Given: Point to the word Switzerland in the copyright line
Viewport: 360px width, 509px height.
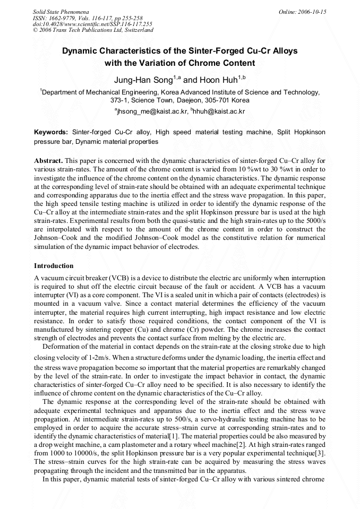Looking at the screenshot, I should pyautogui.click(x=136, y=30).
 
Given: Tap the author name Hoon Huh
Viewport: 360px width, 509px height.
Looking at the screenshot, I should pyautogui.click(x=218, y=80).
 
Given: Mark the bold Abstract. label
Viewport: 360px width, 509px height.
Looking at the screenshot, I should pyautogui.click(x=49, y=160).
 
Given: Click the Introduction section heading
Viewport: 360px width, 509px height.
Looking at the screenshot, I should pyautogui.click(x=54, y=265).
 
